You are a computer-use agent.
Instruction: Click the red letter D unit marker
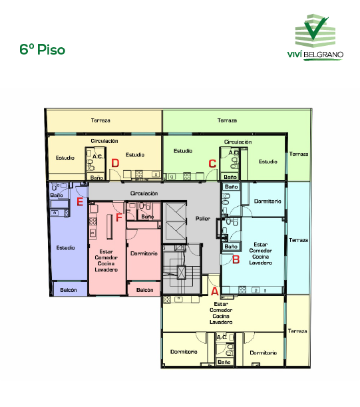coord(115,163)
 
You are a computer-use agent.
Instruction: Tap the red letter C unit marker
coord(212,164)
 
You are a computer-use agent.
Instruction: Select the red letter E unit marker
coord(80,202)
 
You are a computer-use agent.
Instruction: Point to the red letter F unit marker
coord(118,217)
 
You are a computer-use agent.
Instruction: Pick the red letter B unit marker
coord(236,259)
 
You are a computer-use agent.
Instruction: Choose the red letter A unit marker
coord(214,291)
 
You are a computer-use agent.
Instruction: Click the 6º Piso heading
coord(43,49)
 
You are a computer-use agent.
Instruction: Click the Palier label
coord(202,219)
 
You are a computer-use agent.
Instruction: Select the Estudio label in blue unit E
coord(65,247)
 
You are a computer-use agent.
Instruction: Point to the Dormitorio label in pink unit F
coord(144,253)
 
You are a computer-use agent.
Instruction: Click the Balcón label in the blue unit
coord(69,290)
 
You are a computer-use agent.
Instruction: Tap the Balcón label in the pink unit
coord(144,290)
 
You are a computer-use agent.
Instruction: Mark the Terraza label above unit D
coord(100,120)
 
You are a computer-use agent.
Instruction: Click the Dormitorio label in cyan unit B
coord(268,201)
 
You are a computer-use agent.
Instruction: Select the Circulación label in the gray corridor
coord(144,194)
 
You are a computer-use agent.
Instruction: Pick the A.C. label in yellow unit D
coord(98,156)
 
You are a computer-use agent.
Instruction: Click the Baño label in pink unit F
coord(148,217)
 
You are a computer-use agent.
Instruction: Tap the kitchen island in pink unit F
coord(110,227)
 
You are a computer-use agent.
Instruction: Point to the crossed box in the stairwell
coord(181,272)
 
